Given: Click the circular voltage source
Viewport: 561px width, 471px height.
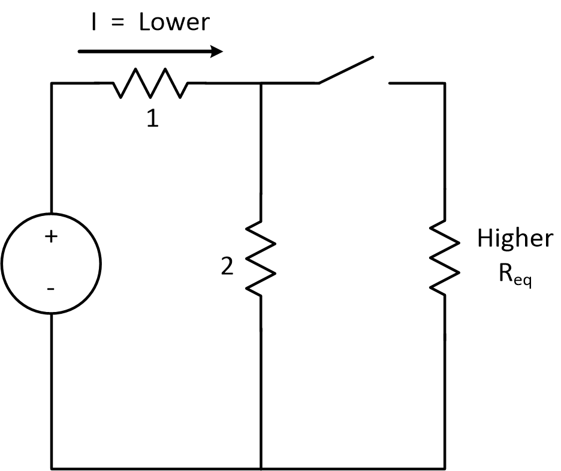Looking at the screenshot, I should coord(52,263).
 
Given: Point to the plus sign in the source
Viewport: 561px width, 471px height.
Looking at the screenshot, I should coord(52,237).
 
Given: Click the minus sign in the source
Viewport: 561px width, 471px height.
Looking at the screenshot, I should coord(52,289).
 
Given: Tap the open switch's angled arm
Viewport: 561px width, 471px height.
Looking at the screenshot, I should coord(346,70).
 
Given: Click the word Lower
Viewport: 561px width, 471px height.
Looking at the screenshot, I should coord(174,23).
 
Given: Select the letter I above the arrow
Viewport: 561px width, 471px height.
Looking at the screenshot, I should coord(93,23).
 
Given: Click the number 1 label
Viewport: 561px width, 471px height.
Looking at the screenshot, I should coord(153,119).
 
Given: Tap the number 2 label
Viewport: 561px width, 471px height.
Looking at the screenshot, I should coord(227,267).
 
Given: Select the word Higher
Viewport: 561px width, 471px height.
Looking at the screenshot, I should coord(515,239).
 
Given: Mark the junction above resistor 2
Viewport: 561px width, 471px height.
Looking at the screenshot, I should coord(261,83).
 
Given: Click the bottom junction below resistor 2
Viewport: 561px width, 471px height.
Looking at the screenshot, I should coord(261,467).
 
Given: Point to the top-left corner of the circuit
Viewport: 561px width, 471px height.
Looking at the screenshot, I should coord(52,83).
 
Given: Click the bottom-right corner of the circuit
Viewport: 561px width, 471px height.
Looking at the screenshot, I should coord(444,467).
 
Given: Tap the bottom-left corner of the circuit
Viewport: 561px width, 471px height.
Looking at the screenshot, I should coord(52,467).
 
